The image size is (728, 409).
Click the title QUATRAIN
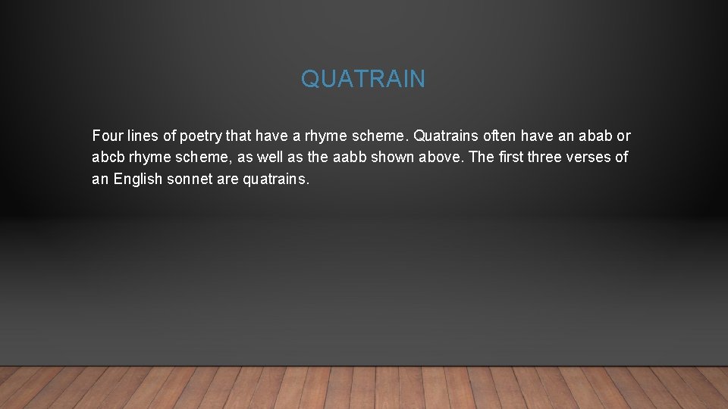pos(363,79)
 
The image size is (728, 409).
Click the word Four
pos(106,136)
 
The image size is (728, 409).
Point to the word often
pos(494,136)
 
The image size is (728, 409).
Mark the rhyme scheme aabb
pos(350,158)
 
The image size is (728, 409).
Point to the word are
pos(228,180)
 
